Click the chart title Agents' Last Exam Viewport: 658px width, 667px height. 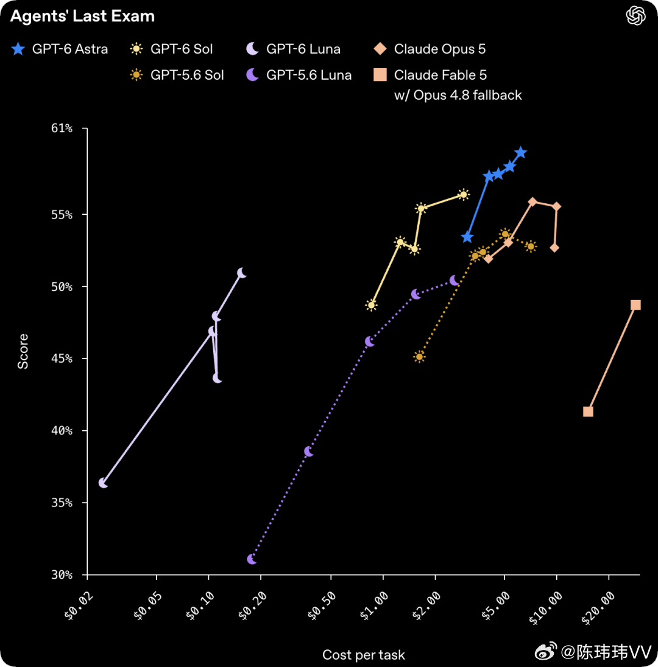[82, 16]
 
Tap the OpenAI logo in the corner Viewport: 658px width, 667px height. [635, 16]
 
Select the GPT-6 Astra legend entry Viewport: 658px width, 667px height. [60, 49]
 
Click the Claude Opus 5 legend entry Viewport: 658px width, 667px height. [430, 49]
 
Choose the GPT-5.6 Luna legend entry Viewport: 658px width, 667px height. [299, 75]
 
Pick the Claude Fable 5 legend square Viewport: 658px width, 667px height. [380, 75]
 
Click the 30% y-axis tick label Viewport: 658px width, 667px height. [62, 574]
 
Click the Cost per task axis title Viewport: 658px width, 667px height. [364, 655]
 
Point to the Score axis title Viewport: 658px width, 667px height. [23, 351]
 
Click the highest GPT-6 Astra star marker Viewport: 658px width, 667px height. [520, 153]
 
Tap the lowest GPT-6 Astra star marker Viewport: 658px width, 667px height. [467, 237]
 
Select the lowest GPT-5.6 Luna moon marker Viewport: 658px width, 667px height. [252, 559]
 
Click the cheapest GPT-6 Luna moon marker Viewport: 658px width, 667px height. [103, 483]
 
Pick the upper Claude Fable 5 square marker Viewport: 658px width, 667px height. [635, 305]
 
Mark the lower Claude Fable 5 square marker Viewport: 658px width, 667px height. [588, 411]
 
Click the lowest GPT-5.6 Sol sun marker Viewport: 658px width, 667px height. [420, 357]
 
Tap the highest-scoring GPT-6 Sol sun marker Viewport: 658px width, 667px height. [464, 195]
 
